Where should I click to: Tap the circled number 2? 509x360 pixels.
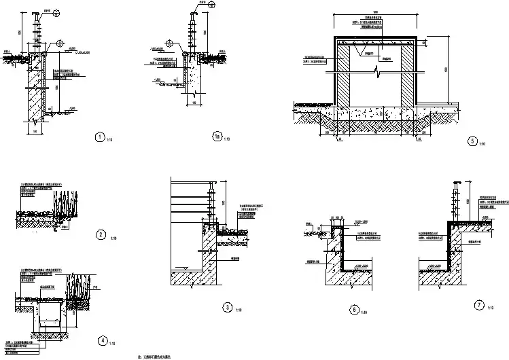(101, 235)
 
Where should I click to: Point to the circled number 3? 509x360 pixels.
(227, 307)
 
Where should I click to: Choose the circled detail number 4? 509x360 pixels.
(101, 340)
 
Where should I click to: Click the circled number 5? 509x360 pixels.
(472, 142)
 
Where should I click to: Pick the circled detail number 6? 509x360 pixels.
(353, 310)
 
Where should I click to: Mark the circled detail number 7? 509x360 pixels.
(480, 305)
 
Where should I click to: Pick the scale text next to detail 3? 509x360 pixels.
(238, 310)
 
